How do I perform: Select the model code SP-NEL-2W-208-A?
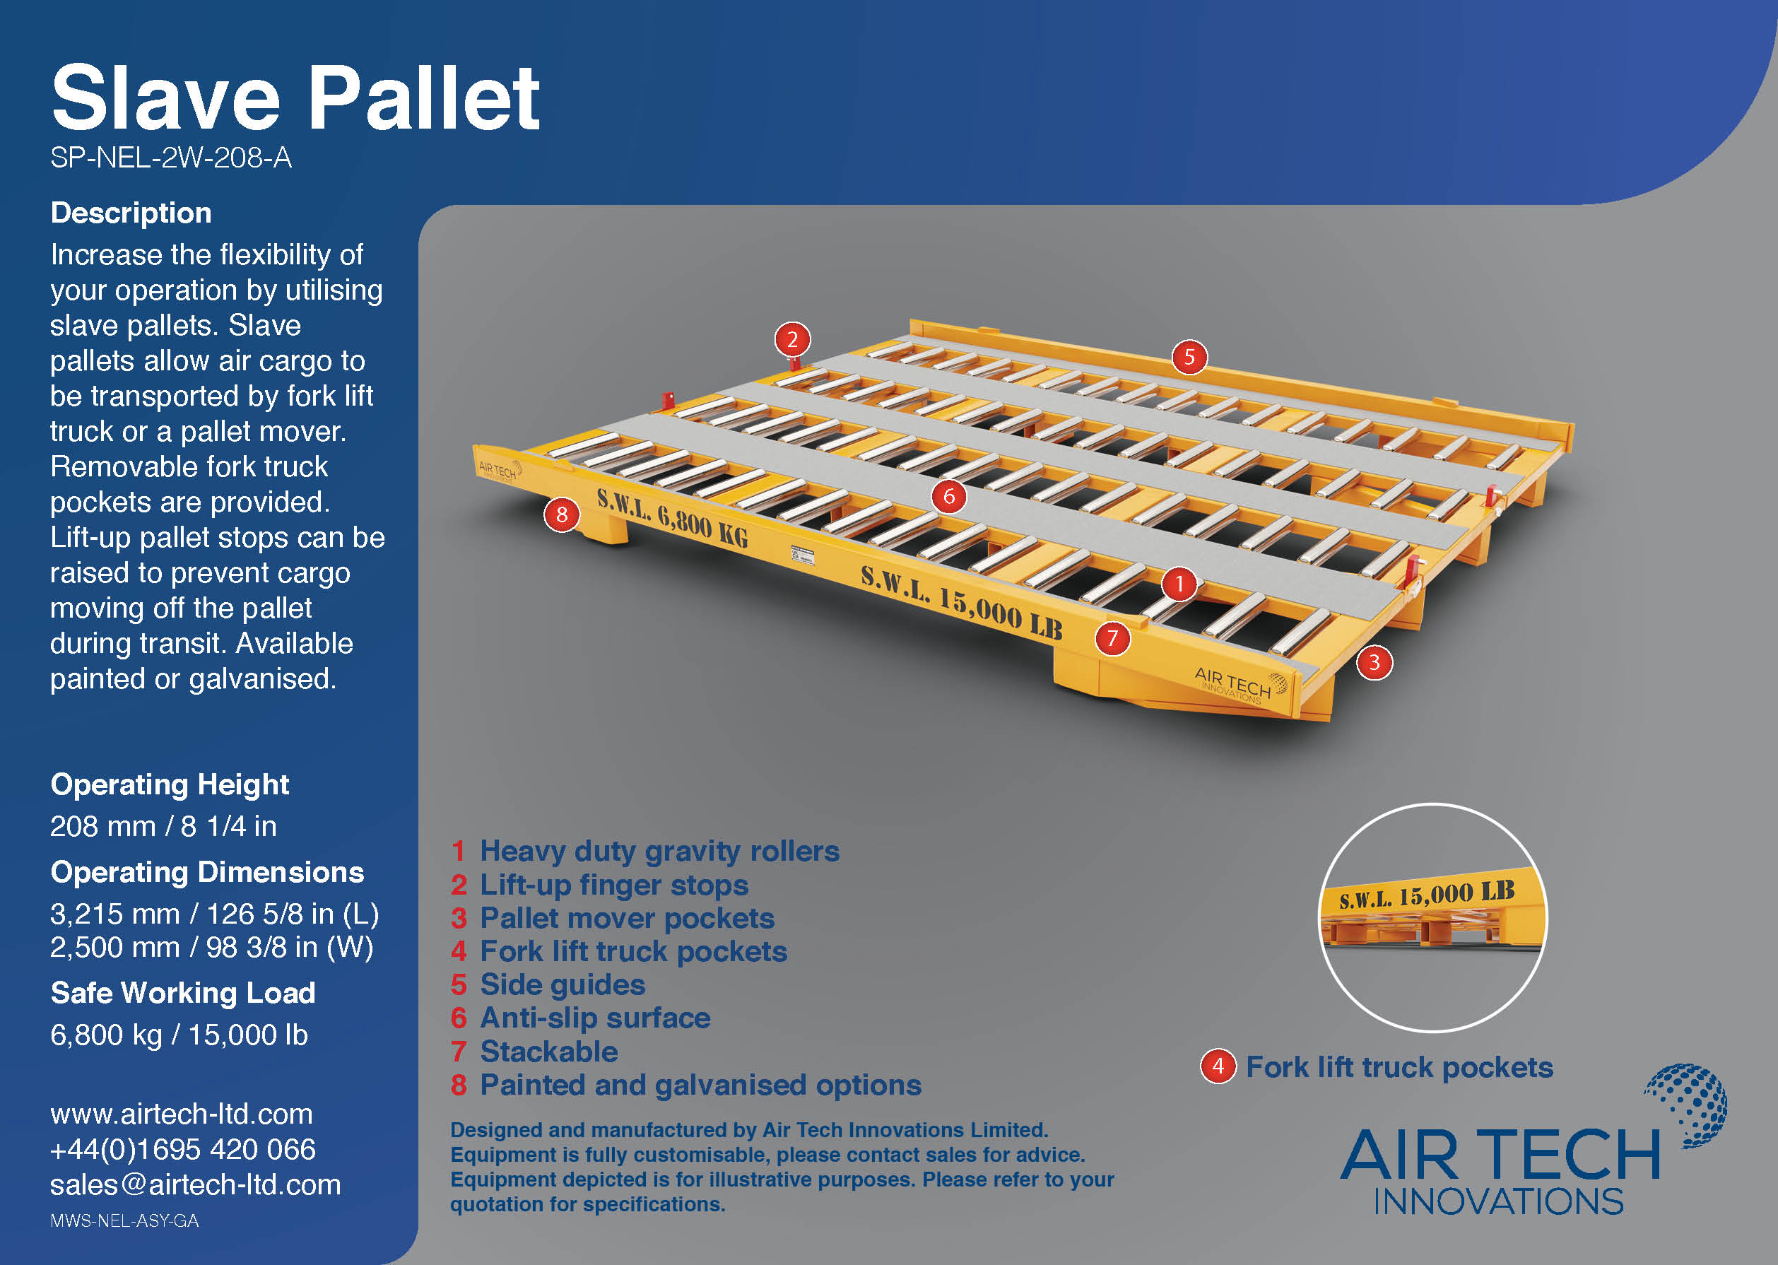click(x=170, y=158)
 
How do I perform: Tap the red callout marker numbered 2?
click(x=792, y=340)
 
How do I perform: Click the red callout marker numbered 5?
click(x=1189, y=357)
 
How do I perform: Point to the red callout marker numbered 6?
click(x=948, y=496)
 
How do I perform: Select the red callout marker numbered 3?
click(x=1374, y=662)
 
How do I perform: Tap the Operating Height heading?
click(x=170, y=784)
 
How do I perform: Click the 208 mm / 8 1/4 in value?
click(x=163, y=825)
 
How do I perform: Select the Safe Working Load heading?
click(x=183, y=993)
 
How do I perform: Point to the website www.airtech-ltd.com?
click(x=182, y=1114)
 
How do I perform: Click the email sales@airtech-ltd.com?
click(x=196, y=1184)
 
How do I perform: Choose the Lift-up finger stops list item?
click(x=613, y=885)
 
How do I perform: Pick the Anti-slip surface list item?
click(x=595, y=1018)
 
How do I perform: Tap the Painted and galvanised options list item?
click(x=700, y=1085)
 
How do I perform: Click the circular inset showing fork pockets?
click(x=1432, y=917)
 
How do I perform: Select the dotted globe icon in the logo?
click(x=1688, y=1105)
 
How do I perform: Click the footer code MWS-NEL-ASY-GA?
click(x=124, y=1220)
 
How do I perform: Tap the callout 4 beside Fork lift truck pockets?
click(x=1218, y=1066)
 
